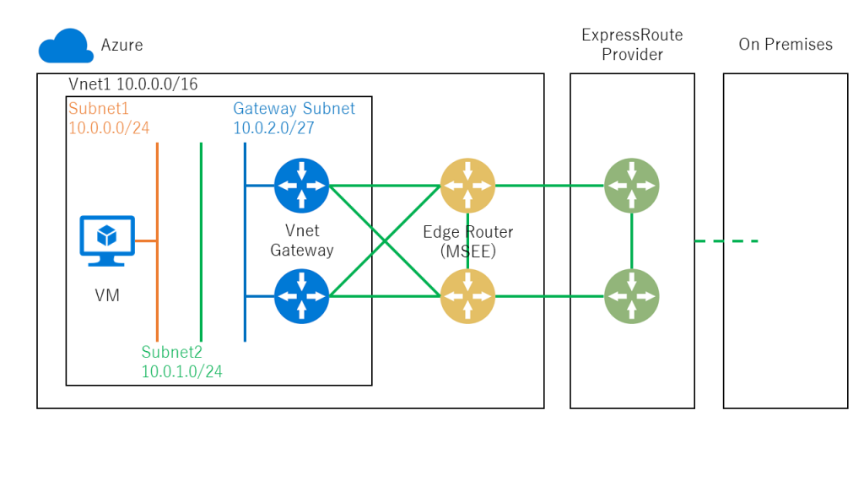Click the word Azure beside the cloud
pos(121,45)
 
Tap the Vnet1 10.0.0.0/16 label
pos(132,84)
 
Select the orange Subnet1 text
pos(100,109)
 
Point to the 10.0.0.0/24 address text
pos(109,127)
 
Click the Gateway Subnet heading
pos(294,109)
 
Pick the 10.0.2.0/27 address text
pos(273,127)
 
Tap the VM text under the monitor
pos(107,295)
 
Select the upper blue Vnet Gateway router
pos(301,186)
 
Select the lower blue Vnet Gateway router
pos(301,296)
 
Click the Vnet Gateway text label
pos(301,240)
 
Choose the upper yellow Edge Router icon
pos(467,186)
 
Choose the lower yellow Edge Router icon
pos(467,296)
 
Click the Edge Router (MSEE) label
pos(467,240)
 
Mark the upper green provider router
pos(631,186)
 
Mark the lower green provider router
pos(631,296)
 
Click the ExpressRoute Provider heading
pos(632,45)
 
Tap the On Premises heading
pos(786,45)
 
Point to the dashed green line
pos(726,241)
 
